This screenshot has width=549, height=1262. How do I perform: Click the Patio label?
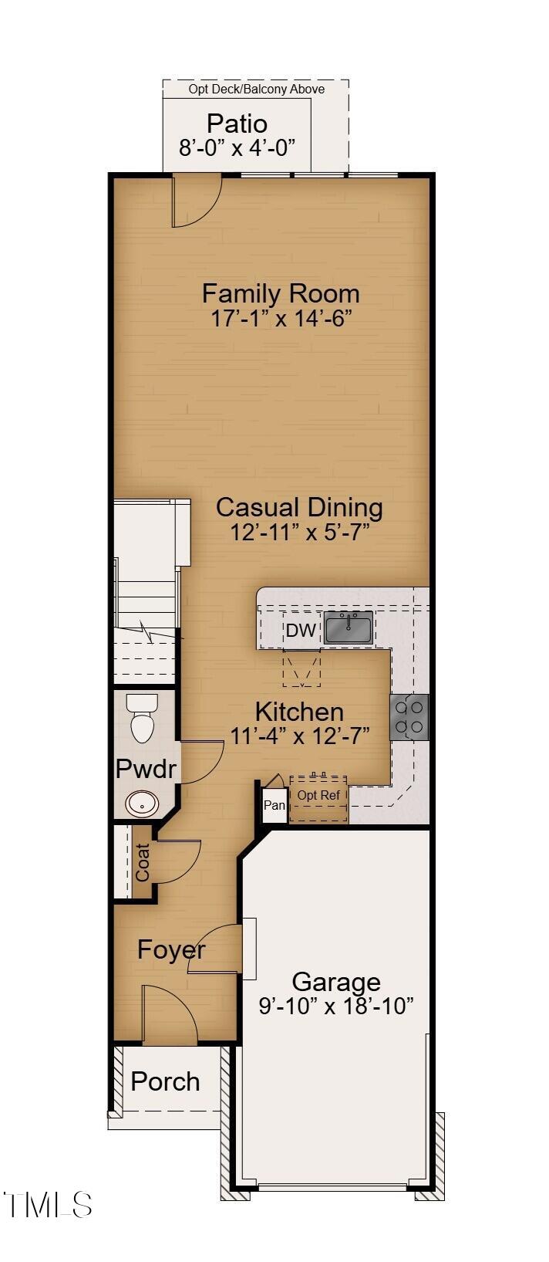coord(237,123)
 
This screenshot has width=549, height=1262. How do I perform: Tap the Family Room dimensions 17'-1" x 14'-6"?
coord(281,318)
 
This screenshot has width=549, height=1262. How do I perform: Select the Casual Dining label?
coord(299,507)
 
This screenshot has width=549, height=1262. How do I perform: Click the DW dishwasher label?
coord(301,630)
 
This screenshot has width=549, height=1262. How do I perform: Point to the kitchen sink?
coord(349,627)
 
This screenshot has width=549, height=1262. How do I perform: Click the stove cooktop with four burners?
coord(409,716)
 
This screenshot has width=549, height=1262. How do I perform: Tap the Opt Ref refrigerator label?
coord(318,796)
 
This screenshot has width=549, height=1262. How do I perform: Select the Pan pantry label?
coord(274,805)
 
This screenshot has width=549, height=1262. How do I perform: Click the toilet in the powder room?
coord(142,718)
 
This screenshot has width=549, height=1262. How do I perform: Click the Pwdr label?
coord(146,769)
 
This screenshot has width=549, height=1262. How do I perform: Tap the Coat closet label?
coord(143,862)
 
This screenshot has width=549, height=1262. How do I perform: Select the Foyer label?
coord(172,950)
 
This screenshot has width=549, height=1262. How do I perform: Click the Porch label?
coord(166,1081)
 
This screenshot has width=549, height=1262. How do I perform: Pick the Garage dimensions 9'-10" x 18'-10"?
coord(336,1006)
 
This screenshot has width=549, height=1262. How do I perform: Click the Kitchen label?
coord(299,712)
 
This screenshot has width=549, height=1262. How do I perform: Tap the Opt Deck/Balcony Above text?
coord(257,89)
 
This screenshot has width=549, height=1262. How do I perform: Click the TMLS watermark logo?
coord(47,1205)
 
